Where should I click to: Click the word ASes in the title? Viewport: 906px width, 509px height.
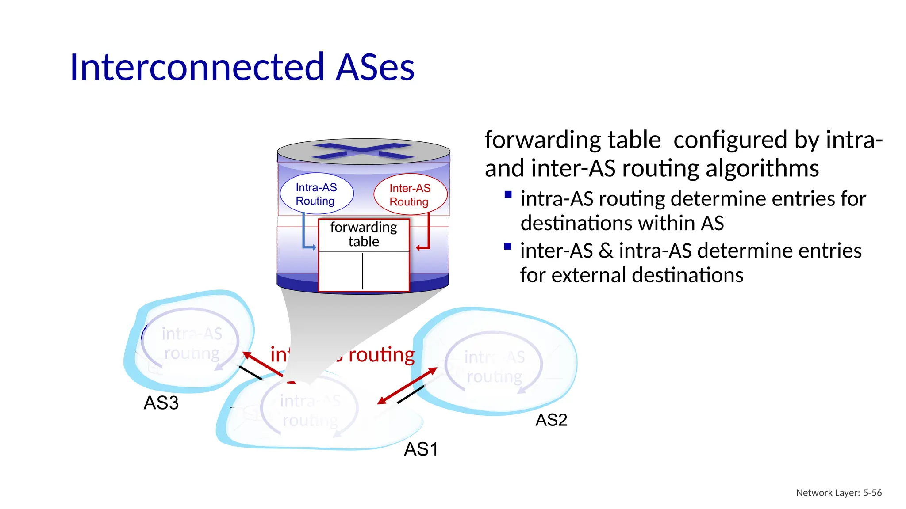375,67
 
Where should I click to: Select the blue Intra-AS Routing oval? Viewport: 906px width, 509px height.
316,194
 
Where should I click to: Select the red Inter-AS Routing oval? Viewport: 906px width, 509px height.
410,195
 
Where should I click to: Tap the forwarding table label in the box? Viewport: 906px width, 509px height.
364,234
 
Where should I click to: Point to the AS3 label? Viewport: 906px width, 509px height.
161,403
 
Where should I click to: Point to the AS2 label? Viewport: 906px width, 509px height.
551,420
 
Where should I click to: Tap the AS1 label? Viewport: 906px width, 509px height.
421,449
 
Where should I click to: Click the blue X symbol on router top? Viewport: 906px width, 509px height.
363,151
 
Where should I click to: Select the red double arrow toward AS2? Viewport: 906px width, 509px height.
407,386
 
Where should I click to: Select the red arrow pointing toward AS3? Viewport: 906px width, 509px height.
261,364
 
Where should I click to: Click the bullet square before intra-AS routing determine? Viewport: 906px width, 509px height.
508,194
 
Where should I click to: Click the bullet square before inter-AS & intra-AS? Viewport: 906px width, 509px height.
508,247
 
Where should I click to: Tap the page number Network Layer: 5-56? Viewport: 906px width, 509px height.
838,493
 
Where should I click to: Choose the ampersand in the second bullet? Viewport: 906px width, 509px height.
606,251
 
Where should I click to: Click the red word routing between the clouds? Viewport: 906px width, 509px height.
381,355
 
